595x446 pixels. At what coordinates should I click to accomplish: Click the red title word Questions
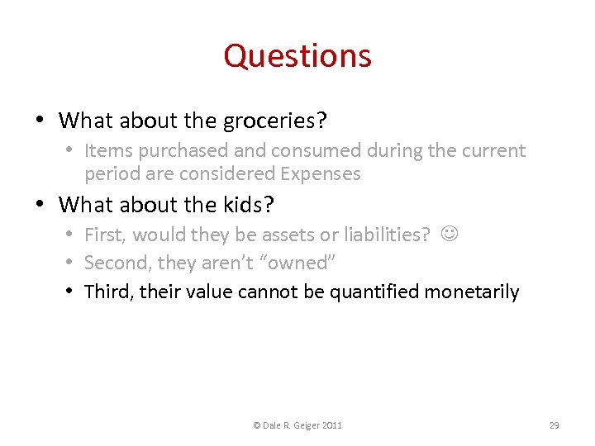coord(297,56)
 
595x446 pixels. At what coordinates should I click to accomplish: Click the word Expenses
coord(320,173)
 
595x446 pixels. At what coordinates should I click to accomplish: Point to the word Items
coord(107,150)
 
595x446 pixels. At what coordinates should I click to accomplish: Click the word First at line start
coord(105,235)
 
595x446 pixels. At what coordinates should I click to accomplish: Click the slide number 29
coord(555,425)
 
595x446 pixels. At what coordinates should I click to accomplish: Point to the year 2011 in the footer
coord(331,425)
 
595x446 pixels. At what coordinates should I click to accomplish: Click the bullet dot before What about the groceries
coord(40,121)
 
